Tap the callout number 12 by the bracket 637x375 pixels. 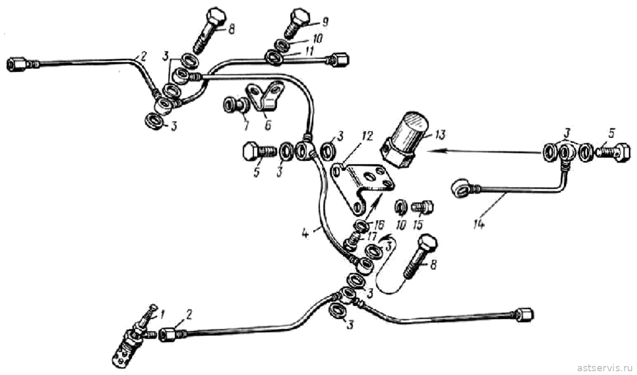[x=367, y=136]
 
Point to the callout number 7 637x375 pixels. [x=246, y=125]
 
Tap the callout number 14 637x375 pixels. [x=479, y=224]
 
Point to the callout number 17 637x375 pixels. [x=372, y=237]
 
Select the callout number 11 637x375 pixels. [x=309, y=51]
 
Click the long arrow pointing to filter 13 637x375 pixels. [x=484, y=152]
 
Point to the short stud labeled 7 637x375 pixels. [x=236, y=105]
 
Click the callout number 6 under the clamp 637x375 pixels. [x=268, y=125]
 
